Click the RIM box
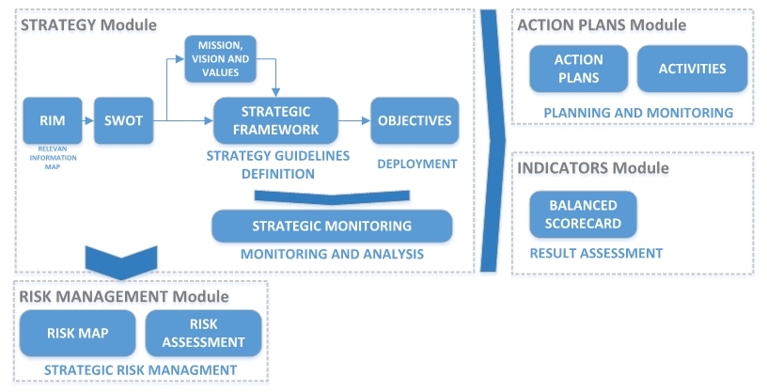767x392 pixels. pos(47,119)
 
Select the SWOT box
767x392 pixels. pos(117,119)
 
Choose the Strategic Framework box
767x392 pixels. pos(266,120)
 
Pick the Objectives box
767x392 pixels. pos(415,120)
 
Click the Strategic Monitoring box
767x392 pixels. pos(332,226)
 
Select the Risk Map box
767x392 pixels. pos(78,333)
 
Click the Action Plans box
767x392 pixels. pos(579,69)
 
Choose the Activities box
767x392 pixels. pos(693,69)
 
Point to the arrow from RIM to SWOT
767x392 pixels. pos(83,119)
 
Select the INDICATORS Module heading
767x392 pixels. pos(593,168)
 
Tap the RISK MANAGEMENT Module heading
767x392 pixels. pos(124,296)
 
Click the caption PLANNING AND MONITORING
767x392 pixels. pos(638,113)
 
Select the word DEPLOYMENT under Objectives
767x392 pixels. pos(416,164)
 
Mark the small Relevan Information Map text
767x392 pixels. pos(46,157)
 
